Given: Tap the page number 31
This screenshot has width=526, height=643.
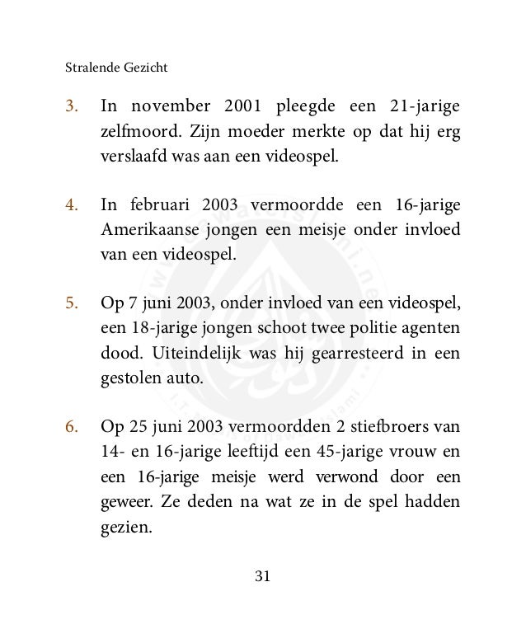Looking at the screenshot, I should [x=262, y=576].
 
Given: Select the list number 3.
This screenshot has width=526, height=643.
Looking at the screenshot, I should [x=71, y=107].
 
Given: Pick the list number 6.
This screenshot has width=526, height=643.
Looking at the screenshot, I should [x=71, y=428].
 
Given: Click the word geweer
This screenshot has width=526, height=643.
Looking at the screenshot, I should [x=124, y=502].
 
